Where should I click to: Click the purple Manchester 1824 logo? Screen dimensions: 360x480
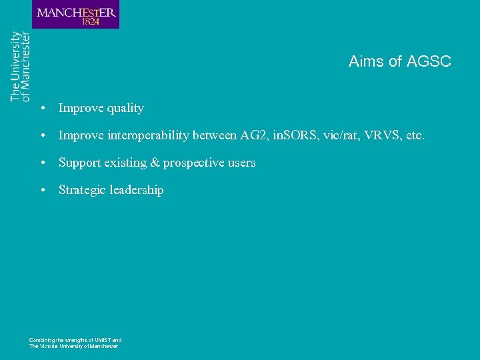tap(75, 15)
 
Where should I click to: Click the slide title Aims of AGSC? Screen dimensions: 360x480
tap(399, 61)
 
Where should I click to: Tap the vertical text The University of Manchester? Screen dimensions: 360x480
tap(20, 66)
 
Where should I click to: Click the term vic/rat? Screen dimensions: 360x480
tap(339, 135)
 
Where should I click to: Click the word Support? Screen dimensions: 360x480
tap(79, 163)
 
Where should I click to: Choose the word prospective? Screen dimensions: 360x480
tap(194, 163)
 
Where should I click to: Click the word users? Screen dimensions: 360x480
tap(241, 163)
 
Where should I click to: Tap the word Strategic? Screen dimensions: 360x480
tap(82, 190)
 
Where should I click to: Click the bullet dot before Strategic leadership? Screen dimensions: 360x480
tap(42, 190)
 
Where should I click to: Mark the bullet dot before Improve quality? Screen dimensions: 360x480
tap(42, 108)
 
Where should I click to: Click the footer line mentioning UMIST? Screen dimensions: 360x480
tap(75, 340)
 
